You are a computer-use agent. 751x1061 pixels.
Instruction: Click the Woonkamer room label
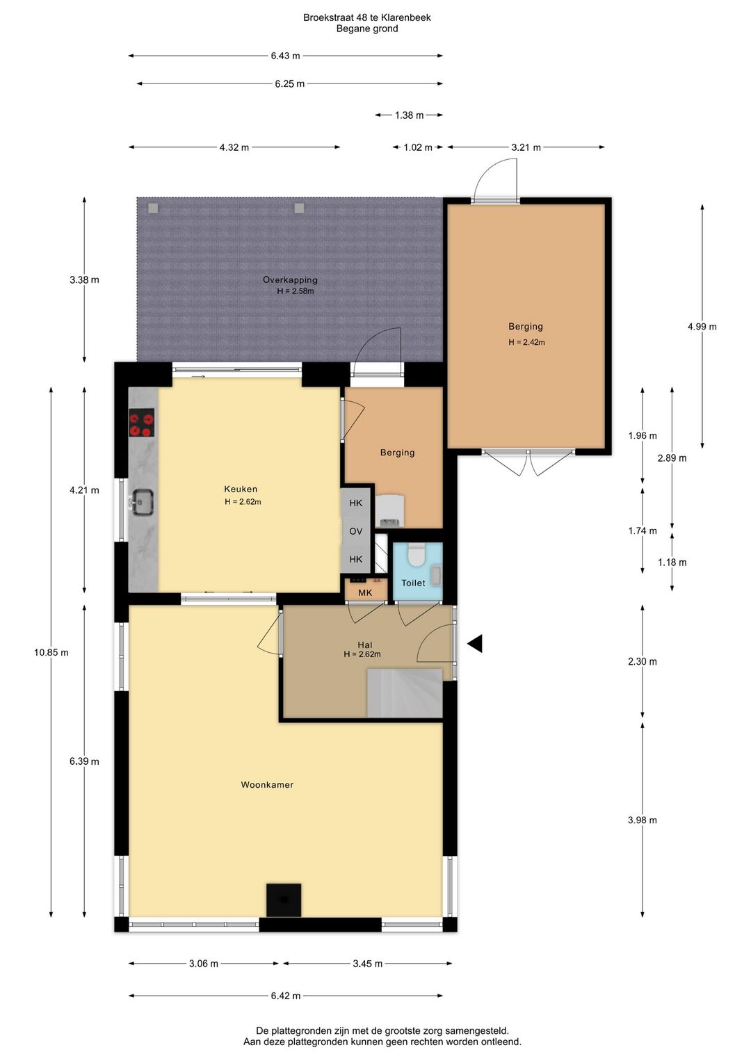[x=267, y=785]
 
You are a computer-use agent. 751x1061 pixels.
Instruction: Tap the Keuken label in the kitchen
[x=241, y=489]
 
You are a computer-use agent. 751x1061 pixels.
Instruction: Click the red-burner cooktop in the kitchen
[x=142, y=422]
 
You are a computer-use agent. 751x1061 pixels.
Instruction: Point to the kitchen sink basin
[x=142, y=502]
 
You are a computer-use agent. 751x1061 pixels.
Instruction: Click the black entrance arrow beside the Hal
[x=475, y=644]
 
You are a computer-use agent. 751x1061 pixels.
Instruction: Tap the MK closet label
[x=365, y=592]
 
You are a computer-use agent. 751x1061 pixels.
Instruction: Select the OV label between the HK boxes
[x=356, y=531]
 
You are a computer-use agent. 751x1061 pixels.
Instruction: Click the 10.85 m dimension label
[x=51, y=653]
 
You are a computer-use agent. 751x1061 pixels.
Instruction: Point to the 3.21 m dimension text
[x=526, y=147]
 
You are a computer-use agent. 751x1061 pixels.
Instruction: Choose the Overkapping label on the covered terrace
[x=290, y=280]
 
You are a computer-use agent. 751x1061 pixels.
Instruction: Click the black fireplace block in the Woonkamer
[x=283, y=900]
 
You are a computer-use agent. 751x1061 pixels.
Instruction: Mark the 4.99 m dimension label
[x=702, y=326]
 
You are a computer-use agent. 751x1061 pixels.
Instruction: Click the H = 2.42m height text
[x=527, y=343]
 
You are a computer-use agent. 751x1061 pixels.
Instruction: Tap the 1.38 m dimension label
[x=410, y=115]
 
